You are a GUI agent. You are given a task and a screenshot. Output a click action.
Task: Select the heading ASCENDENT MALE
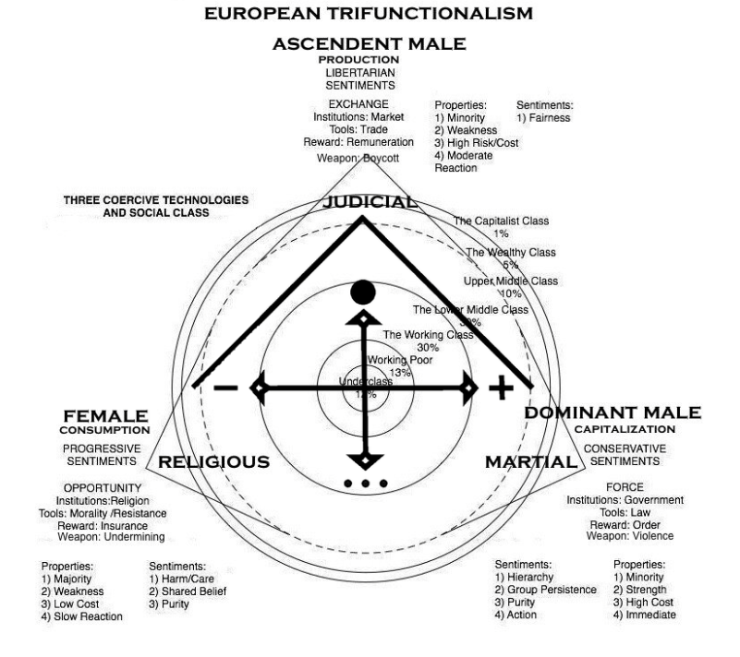[369, 43]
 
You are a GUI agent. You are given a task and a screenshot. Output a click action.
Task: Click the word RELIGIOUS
[214, 462]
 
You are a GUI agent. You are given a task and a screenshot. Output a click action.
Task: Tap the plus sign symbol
[500, 388]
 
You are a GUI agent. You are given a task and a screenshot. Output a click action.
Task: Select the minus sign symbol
[224, 388]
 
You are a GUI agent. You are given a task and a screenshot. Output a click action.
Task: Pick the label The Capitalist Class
[501, 221]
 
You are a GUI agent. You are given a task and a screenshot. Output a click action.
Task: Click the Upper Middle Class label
[511, 281]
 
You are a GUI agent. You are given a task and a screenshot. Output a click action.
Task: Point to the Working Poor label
[400, 359]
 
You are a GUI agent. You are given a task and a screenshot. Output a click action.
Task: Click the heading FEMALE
[105, 416]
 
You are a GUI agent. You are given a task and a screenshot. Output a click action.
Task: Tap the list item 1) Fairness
[543, 118]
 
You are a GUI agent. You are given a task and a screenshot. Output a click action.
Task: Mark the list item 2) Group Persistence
[545, 590]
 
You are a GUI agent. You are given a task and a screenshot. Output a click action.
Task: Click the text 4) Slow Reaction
[81, 616]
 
